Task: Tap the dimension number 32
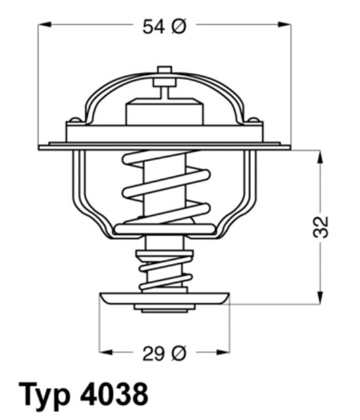[x=321, y=226]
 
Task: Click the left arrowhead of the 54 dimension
[x=44, y=26]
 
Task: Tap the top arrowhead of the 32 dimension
[x=321, y=156]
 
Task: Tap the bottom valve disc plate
[x=165, y=299]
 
